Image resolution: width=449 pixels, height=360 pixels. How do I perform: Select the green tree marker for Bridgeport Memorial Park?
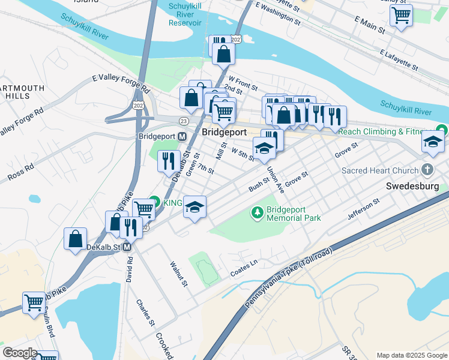coord(258,212)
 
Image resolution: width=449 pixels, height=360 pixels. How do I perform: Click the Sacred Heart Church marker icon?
coord(427,170)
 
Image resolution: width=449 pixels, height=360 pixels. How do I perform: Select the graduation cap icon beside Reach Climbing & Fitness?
coord(433,142)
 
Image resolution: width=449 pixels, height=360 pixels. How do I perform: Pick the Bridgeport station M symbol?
coord(182,136)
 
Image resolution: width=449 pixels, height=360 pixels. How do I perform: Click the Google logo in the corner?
coord(20,353)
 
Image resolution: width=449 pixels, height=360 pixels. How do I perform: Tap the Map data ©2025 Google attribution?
coord(411,355)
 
